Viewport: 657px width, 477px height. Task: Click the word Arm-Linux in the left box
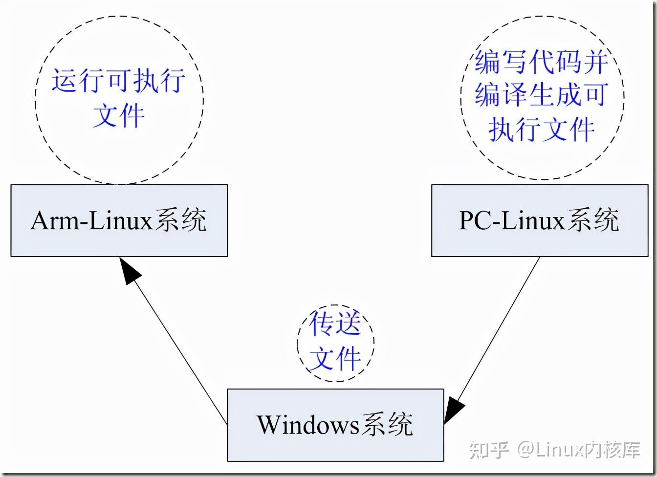point(92,221)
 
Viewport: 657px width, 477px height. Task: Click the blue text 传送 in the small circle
point(335,325)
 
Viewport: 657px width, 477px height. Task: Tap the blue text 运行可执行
point(119,80)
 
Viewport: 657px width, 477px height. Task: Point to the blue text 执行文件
point(542,129)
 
